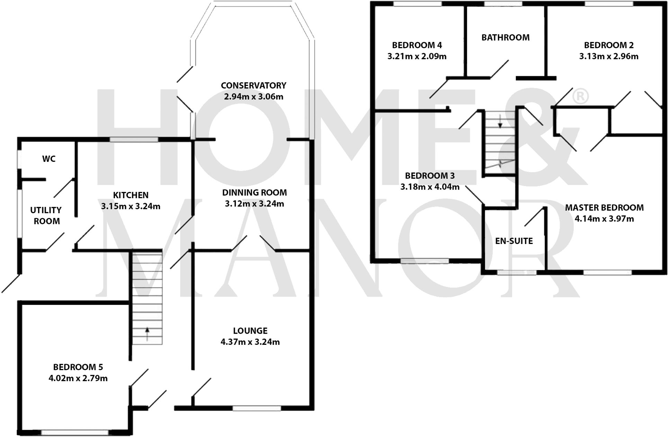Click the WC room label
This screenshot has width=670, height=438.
(x=49, y=159)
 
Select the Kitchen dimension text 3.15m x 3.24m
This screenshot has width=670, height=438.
(x=131, y=207)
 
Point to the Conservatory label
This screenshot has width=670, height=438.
(x=253, y=85)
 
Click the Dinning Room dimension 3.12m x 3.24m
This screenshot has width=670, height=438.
(x=254, y=204)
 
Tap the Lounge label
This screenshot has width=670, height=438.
(x=250, y=331)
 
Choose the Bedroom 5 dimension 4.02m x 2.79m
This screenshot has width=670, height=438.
(x=78, y=378)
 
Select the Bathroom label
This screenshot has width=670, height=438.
(x=505, y=37)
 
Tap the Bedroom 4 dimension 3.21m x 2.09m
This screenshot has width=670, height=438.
(x=417, y=56)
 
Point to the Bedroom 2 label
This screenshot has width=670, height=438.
(x=609, y=45)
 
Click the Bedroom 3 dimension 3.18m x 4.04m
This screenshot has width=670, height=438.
(x=430, y=187)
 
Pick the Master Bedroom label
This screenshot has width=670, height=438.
(x=604, y=208)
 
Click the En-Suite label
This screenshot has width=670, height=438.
(x=514, y=241)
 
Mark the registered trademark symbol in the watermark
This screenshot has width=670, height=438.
(x=580, y=97)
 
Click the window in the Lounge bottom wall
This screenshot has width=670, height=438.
(x=257, y=408)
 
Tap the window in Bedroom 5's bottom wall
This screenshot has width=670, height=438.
(x=74, y=432)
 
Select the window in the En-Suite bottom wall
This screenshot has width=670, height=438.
(x=517, y=273)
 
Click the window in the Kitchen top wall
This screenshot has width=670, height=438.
(x=134, y=140)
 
